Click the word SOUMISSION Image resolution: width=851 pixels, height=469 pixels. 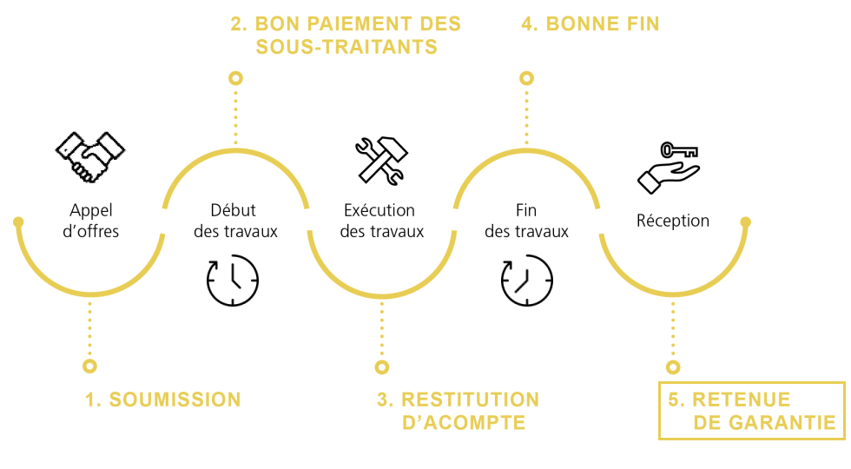tap(175, 400)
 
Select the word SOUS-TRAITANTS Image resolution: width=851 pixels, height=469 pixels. tap(346, 47)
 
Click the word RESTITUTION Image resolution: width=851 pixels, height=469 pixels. tap(470, 400)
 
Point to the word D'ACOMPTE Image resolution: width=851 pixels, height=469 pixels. tap(464, 423)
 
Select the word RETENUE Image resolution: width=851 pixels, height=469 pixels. tap(741, 400)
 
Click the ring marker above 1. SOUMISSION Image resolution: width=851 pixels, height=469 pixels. tap(89, 367)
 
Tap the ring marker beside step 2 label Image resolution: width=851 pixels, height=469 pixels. tap(235, 78)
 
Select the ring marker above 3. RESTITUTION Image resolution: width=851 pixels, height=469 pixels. tap(381, 367)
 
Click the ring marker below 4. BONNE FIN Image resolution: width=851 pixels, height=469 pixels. tap(526, 78)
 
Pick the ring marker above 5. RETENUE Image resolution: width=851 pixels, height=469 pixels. tap(673, 367)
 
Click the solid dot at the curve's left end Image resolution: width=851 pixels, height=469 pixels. tap(18, 221)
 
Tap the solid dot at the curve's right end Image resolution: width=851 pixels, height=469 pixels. tap(745, 221)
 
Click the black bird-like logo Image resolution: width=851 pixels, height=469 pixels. tap(89, 156)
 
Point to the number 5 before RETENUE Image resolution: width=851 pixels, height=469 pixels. tap(673, 400)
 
